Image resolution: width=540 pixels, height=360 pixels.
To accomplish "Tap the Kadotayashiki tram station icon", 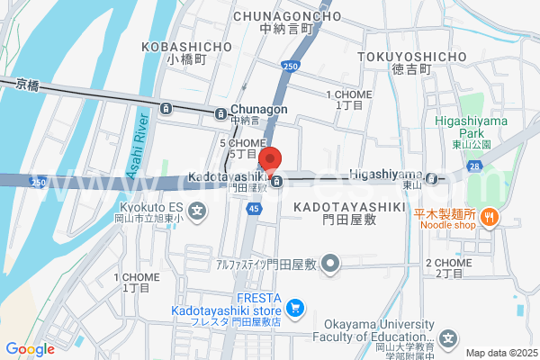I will pyautogui.click(x=277, y=182).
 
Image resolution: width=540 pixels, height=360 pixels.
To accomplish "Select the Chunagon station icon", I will pyautogui.click(x=220, y=112).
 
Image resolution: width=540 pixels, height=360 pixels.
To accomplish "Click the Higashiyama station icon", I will pyautogui.click(x=433, y=178).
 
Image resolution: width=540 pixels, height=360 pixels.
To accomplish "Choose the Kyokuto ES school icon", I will pyautogui.click(x=198, y=212).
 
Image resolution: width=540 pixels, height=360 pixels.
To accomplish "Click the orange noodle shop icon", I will pyautogui.click(x=490, y=215).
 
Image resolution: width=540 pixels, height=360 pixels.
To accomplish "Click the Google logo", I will pyautogui.click(x=30, y=349).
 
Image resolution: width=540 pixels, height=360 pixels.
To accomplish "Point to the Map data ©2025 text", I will pyautogui.click(x=500, y=353).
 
